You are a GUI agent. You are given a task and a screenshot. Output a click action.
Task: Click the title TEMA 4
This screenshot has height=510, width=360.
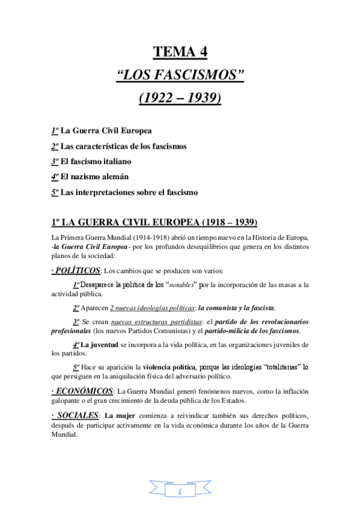pyautogui.click(x=180, y=53)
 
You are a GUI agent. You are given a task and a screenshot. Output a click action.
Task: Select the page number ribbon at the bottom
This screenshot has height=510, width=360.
pyautogui.click(x=180, y=491)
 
